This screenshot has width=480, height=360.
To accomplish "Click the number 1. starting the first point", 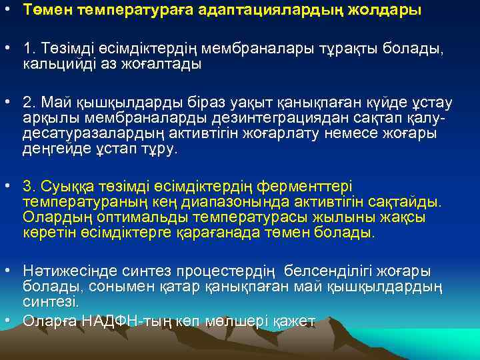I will click(x=29, y=50).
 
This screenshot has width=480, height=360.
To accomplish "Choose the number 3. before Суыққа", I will click(x=29, y=187).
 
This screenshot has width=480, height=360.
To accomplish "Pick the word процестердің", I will click(x=228, y=271).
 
